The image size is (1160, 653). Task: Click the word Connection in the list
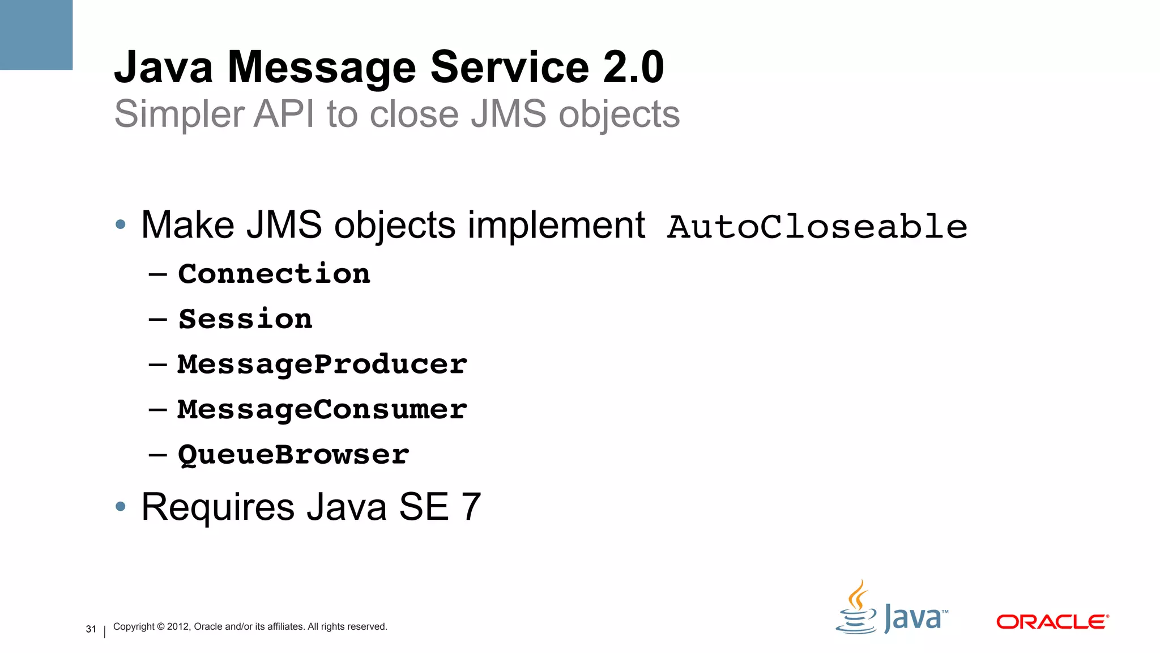coord(274,274)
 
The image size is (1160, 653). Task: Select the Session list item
coord(245,319)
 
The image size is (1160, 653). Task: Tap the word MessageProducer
coord(322,364)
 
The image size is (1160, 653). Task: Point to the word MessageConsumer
coord(322,410)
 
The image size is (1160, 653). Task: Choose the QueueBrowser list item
coord(293,455)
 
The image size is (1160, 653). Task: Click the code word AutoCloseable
coord(817,227)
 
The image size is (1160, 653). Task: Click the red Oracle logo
coord(1052,622)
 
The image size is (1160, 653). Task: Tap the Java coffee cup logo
coord(857,609)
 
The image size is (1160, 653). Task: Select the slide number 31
coord(91,629)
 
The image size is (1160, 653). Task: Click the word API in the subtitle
coord(284,115)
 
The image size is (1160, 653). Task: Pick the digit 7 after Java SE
coord(471,507)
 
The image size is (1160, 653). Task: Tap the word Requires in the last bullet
coord(218,508)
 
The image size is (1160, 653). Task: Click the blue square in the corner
coord(36,35)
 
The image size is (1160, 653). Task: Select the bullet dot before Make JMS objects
coord(120,225)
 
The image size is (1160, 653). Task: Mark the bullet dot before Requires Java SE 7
coord(120,507)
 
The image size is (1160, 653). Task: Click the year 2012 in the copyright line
coord(178,627)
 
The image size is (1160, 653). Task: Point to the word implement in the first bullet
coord(556,226)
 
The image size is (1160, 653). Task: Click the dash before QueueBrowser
coord(157,455)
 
